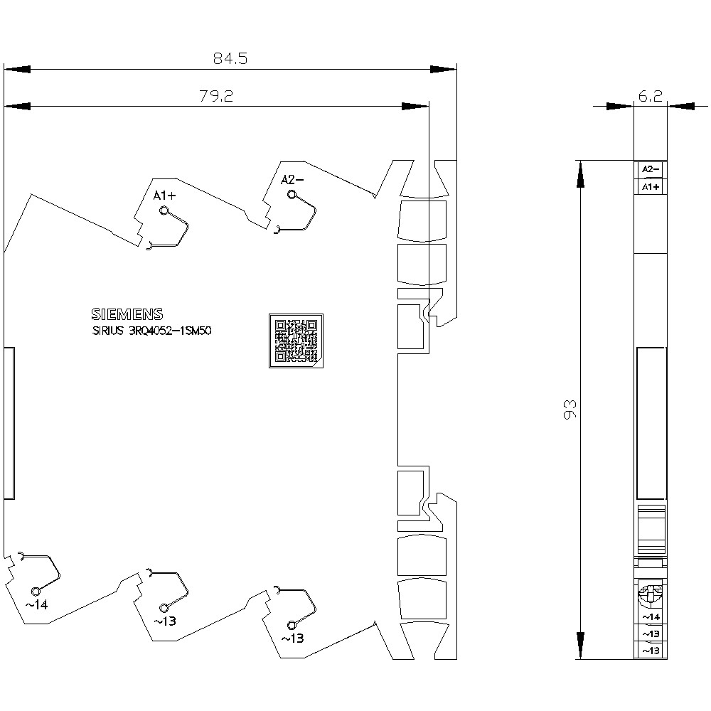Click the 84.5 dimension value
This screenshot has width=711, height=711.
point(230,58)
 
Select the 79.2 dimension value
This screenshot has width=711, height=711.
point(216,96)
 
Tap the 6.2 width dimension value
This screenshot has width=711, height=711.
point(651,96)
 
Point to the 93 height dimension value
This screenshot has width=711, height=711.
point(570,410)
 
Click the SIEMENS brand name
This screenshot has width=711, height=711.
point(127,314)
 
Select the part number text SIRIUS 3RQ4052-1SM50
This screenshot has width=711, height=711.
point(152,331)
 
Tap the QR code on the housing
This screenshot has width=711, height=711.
point(296,341)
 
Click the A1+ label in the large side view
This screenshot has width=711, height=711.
point(164,196)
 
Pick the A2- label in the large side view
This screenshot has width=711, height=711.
point(292,180)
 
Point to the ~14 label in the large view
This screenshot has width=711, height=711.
point(36,605)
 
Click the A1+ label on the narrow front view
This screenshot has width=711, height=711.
point(651,187)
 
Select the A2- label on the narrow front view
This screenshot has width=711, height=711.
point(651,169)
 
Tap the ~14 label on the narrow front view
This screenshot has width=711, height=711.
point(651,616)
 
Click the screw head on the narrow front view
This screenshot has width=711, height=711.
point(651,595)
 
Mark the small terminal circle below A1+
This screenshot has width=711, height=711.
point(164,210)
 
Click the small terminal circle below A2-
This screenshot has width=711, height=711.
point(292,195)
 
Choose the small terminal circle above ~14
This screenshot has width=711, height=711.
point(36,592)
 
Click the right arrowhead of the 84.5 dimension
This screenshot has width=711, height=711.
point(443,70)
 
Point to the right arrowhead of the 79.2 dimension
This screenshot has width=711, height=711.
point(415,107)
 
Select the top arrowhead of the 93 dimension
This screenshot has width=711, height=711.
point(580,174)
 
